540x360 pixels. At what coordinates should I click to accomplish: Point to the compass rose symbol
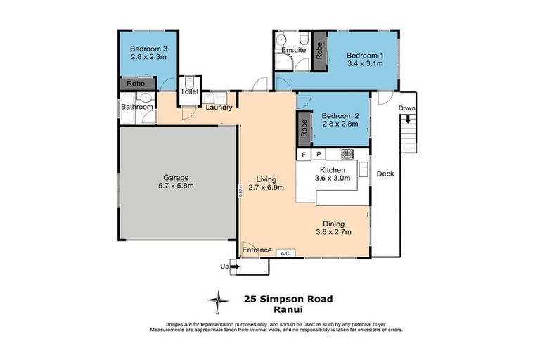[220, 301]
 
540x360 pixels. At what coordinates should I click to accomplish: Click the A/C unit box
[285, 252]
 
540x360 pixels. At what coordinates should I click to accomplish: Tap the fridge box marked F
[304, 154]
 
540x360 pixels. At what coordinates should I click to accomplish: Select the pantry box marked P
[318, 154]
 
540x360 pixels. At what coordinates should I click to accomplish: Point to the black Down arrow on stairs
[408, 119]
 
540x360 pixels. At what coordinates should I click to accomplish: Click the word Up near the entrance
[224, 266]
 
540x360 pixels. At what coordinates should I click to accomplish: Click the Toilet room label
[189, 91]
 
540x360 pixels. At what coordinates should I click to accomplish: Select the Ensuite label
[292, 51]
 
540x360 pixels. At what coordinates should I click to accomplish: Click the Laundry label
[219, 107]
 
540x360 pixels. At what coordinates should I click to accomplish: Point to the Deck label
[385, 174]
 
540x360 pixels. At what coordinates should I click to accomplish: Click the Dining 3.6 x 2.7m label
[333, 228]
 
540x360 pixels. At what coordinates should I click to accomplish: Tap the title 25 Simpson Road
[288, 298]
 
